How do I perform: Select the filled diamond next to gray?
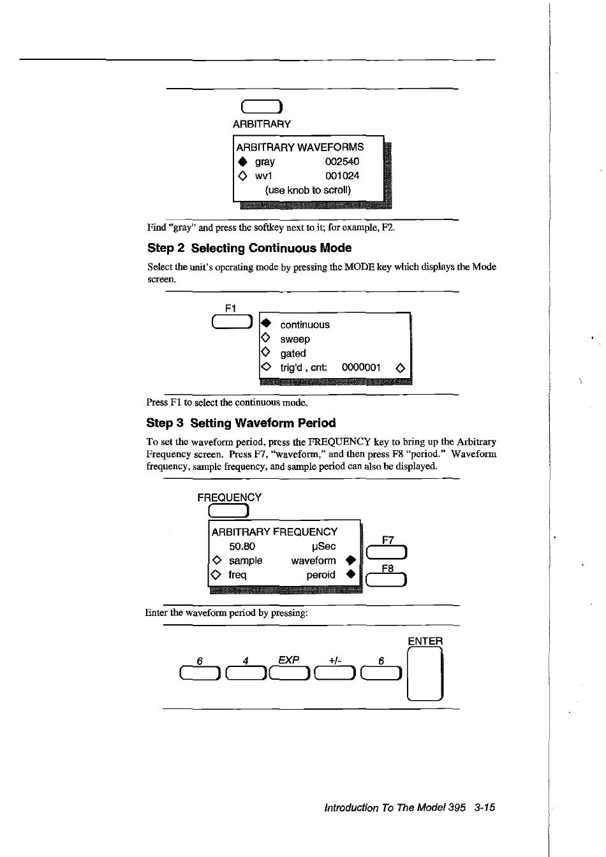point(242,162)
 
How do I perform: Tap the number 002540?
point(342,162)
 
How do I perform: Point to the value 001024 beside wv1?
point(342,176)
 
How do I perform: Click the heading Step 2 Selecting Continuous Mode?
point(249,248)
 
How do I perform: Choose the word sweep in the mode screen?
point(295,339)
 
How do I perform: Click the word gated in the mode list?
point(293,353)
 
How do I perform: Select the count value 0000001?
point(361,367)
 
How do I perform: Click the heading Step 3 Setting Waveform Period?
point(241,423)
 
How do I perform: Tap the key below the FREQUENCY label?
point(228,511)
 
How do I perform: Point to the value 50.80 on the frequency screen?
point(242,546)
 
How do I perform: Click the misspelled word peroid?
point(320,575)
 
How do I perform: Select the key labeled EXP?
point(290,673)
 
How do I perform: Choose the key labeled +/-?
point(336,673)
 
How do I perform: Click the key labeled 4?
point(245,673)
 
